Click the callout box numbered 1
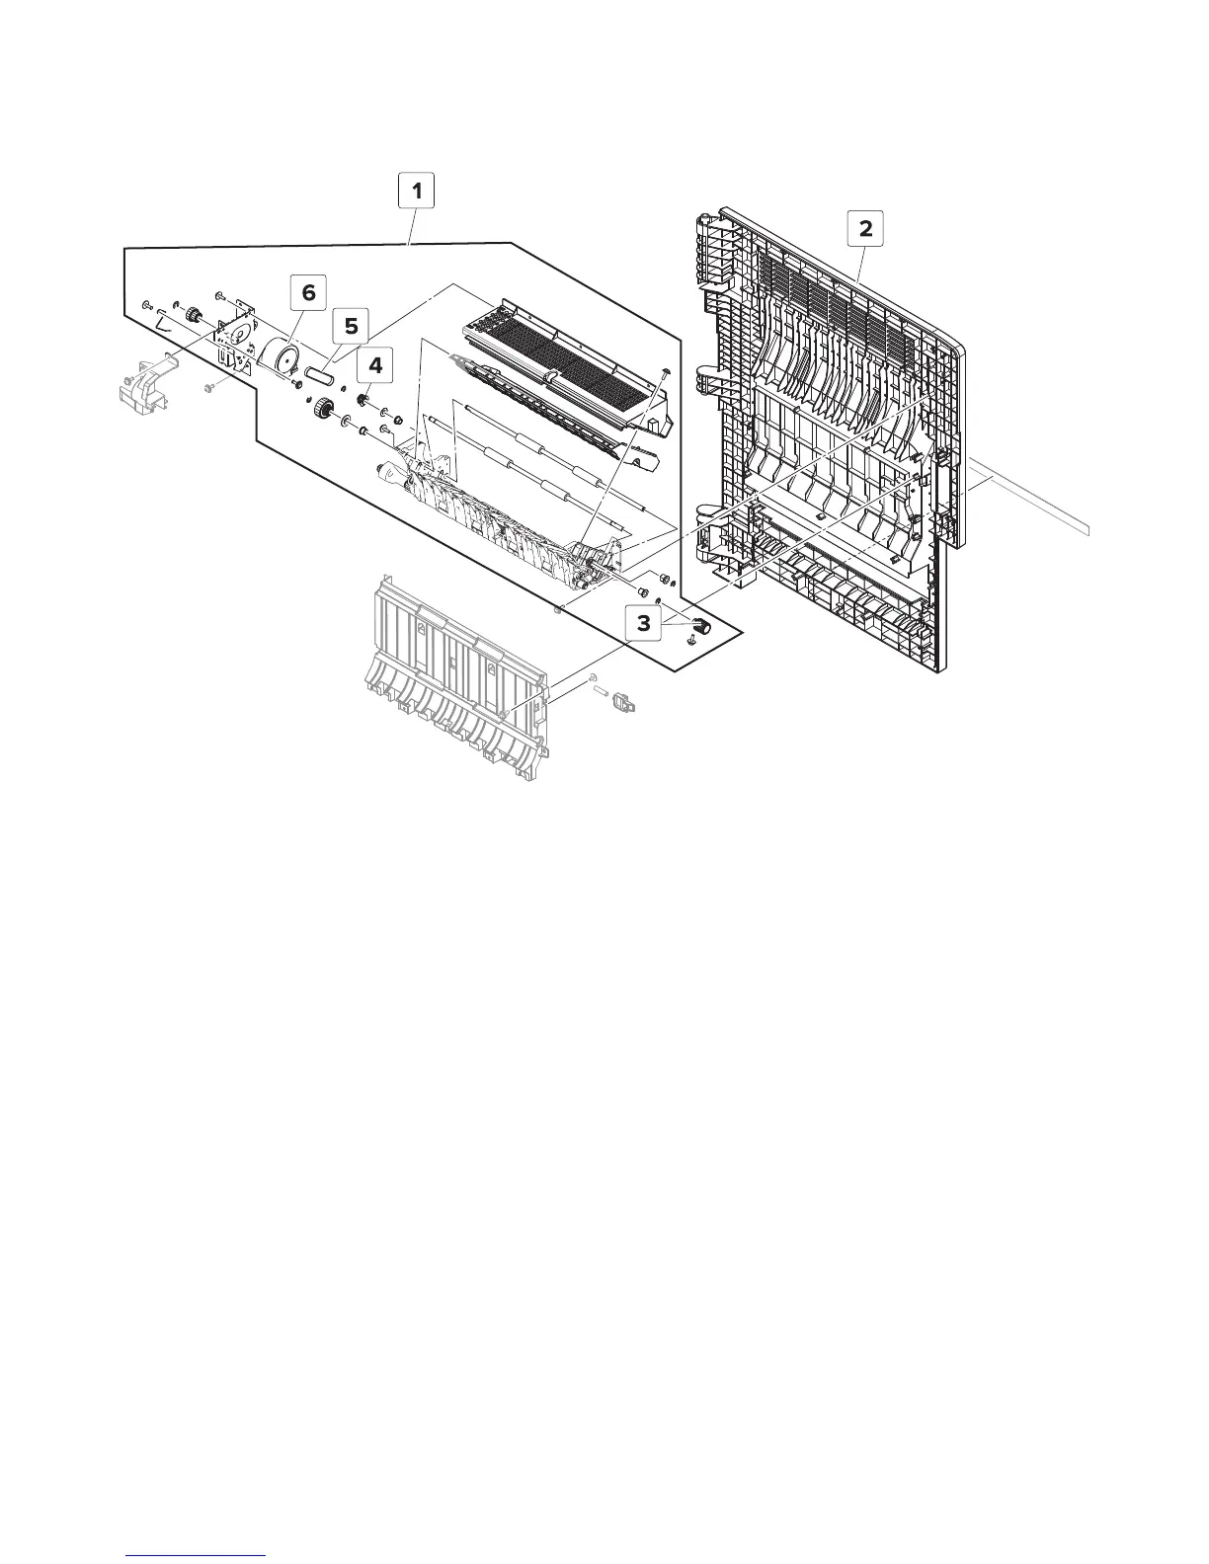417,191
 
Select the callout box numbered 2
865,229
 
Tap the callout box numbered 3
644,624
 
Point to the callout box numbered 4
375,365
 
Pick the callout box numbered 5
350,325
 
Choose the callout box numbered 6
308,292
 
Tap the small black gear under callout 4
363,400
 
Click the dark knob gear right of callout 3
702,625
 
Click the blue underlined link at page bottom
198,1555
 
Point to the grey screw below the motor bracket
208,389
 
